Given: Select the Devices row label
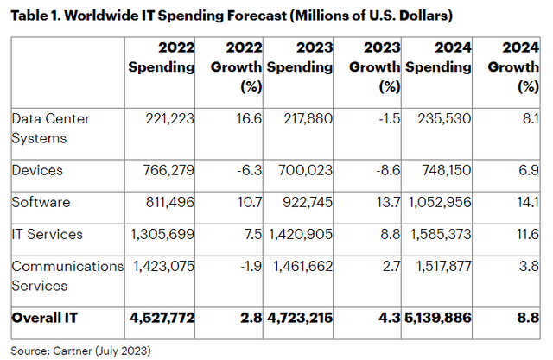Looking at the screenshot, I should [36, 170].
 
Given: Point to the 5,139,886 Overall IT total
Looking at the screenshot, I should [439, 318].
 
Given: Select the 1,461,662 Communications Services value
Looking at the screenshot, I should [297, 267].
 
